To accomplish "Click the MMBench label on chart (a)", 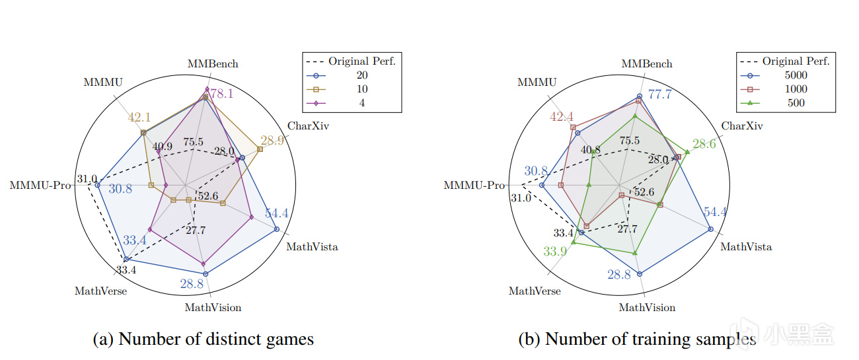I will (x=213, y=64).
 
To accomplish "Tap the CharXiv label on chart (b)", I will (x=741, y=126).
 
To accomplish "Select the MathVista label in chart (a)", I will (x=311, y=247).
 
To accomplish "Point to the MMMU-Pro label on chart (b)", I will (x=474, y=186).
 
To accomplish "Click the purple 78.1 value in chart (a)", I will (x=221, y=94).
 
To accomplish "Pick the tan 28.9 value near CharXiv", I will (x=272, y=141).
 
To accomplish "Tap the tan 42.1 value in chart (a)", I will (x=139, y=118).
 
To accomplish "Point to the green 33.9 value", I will (x=555, y=251).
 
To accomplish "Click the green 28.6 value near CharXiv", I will (x=704, y=144).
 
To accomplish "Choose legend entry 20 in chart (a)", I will (x=361, y=75).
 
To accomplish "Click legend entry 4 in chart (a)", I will (x=361, y=102).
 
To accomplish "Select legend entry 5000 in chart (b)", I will (x=796, y=75).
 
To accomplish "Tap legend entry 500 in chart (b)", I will (x=796, y=102).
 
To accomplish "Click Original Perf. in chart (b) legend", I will (x=796, y=61).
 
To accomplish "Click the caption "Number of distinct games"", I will (x=204, y=340).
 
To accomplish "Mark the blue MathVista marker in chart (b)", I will (x=711, y=229).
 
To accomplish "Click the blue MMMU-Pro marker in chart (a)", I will (x=98, y=186).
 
